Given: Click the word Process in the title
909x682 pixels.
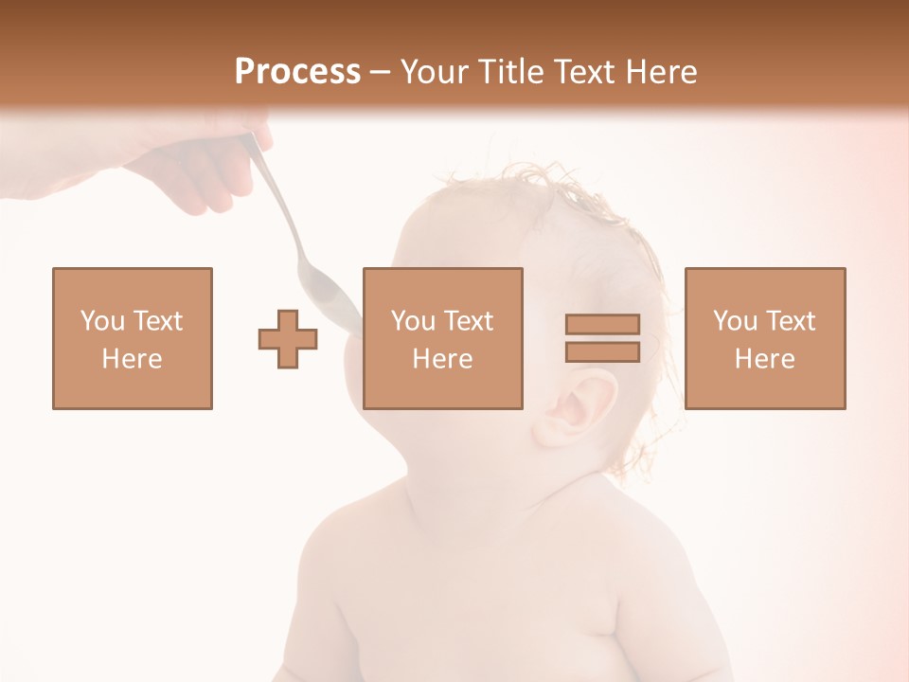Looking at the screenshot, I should pyautogui.click(x=297, y=72).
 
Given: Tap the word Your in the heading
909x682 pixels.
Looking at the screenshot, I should pyautogui.click(x=435, y=72).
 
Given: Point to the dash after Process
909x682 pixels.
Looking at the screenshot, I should pyautogui.click(x=381, y=73).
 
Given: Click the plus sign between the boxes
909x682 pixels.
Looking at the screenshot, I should pyautogui.click(x=288, y=339).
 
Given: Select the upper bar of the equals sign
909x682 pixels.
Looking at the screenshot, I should pyautogui.click(x=602, y=324).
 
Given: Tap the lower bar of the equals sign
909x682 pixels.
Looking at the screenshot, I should pyautogui.click(x=602, y=352).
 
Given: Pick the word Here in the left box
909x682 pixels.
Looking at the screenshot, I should pyautogui.click(x=132, y=359).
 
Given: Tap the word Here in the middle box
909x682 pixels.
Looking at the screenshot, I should pyautogui.click(x=442, y=359).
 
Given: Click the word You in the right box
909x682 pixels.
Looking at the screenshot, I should pyautogui.click(x=735, y=321).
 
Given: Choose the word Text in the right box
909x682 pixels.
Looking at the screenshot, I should pyautogui.click(x=790, y=321).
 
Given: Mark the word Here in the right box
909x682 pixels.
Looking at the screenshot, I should pyautogui.click(x=764, y=359).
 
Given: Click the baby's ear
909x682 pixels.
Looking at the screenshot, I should pyautogui.click(x=576, y=407).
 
